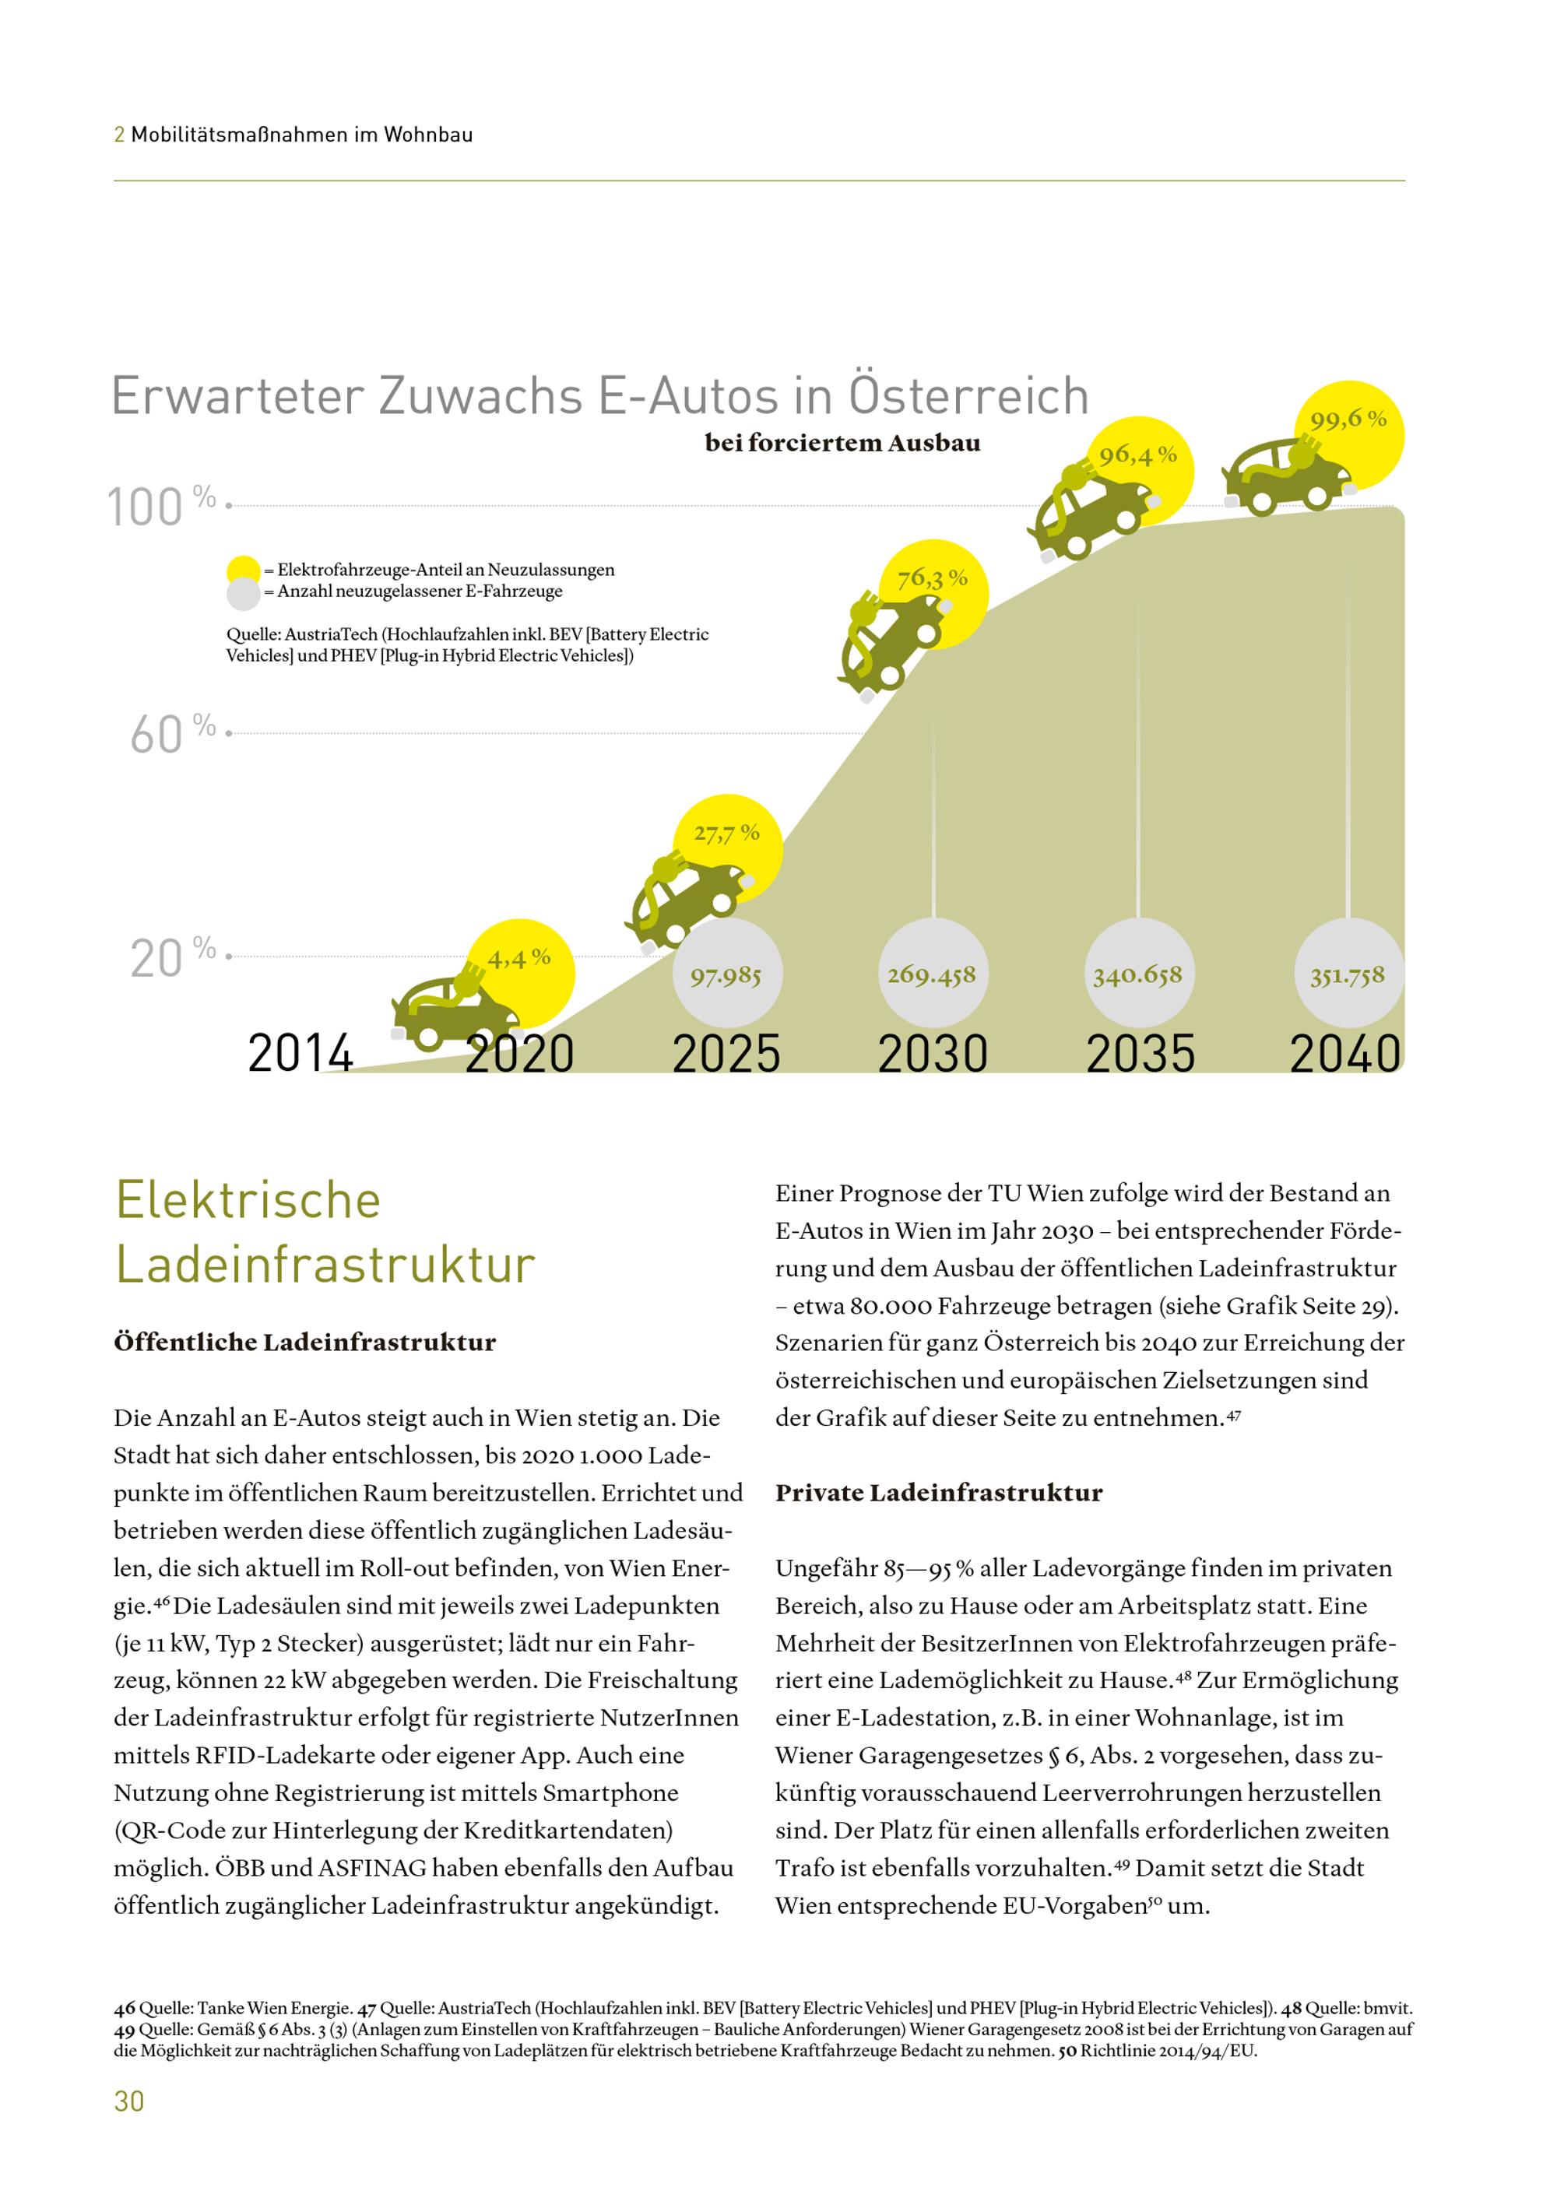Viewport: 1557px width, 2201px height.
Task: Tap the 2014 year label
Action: pos(301,1054)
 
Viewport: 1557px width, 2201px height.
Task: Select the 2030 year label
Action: pos(933,1054)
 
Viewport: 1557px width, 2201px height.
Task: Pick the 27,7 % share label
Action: pos(726,833)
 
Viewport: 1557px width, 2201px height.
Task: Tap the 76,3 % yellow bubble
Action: pos(933,595)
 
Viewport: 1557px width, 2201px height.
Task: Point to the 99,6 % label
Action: pos(1349,419)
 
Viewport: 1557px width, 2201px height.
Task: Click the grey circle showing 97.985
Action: pos(726,974)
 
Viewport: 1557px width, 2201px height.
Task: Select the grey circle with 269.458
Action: pos(932,974)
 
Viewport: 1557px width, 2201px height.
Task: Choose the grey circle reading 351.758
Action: pos(1348,974)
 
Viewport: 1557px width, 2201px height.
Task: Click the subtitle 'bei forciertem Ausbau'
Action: pos(843,443)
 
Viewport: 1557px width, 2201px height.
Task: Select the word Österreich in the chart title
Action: pos(968,393)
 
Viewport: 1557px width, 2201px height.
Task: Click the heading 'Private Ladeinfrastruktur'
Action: pos(939,1493)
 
